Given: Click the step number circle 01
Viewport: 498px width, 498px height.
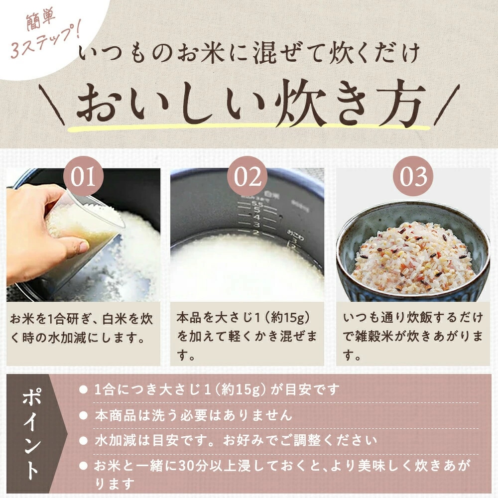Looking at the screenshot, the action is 83,177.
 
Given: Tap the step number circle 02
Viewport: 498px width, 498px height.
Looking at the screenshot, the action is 248,177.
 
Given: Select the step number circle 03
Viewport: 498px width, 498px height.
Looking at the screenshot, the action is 413,177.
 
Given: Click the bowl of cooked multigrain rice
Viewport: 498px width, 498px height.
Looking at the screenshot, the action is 413,250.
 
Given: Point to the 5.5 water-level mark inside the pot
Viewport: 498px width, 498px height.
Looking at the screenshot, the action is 256,204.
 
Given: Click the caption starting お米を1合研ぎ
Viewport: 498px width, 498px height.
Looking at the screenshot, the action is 81,328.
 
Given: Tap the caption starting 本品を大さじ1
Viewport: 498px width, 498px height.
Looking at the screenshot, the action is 247,337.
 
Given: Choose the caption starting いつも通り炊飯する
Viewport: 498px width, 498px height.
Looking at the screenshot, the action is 412,337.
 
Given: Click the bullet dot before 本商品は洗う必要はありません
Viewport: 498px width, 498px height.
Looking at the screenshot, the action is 83,415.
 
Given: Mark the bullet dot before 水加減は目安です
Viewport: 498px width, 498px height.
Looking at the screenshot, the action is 83,441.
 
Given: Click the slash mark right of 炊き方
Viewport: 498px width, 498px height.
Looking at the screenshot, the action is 447,105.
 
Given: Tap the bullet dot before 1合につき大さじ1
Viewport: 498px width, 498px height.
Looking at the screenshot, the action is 83,390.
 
